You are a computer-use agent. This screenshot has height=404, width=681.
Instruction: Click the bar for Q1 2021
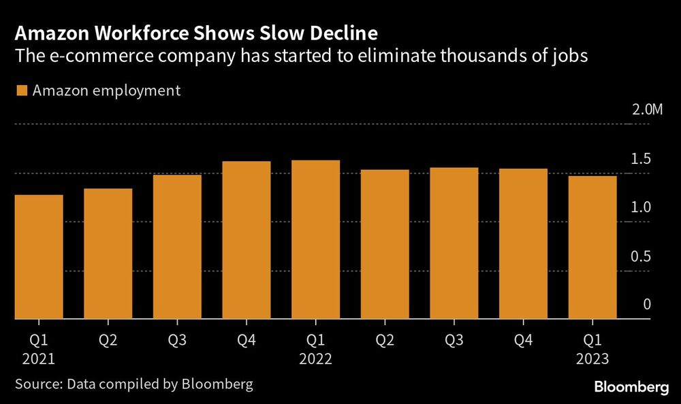38,257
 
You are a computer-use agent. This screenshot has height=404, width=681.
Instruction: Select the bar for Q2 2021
108,254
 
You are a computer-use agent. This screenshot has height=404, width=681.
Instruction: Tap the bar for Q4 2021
246,240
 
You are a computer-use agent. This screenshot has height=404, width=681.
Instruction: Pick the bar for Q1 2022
315,239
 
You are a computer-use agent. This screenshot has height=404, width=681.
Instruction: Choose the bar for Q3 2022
454,243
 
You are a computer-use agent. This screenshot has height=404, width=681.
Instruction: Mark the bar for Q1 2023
592,247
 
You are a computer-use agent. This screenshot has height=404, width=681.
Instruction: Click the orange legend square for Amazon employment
20,90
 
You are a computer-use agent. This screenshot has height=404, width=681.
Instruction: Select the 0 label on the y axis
647,305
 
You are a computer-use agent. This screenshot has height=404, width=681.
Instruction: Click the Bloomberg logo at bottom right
631,388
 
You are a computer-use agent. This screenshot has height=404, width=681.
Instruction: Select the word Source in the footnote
37,384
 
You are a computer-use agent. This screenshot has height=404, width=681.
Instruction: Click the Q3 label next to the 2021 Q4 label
177,339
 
